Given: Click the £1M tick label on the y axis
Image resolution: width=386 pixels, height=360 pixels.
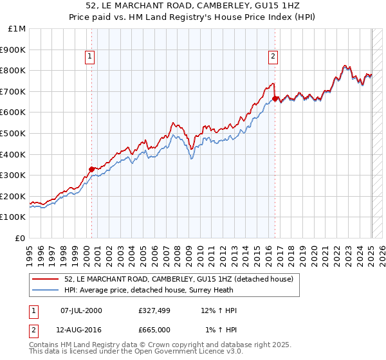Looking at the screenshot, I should tap(17, 29).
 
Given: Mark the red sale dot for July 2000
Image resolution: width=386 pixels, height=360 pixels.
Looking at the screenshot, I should tap(92, 170).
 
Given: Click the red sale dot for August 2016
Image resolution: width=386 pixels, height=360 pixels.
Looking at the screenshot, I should tap(275, 99).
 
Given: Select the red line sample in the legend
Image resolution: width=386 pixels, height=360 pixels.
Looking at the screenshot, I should tap(46, 279).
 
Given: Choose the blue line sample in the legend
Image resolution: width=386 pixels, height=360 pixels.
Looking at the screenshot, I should tap(46, 289).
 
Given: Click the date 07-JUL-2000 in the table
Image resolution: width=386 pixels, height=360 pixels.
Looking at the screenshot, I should tap(81, 310).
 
